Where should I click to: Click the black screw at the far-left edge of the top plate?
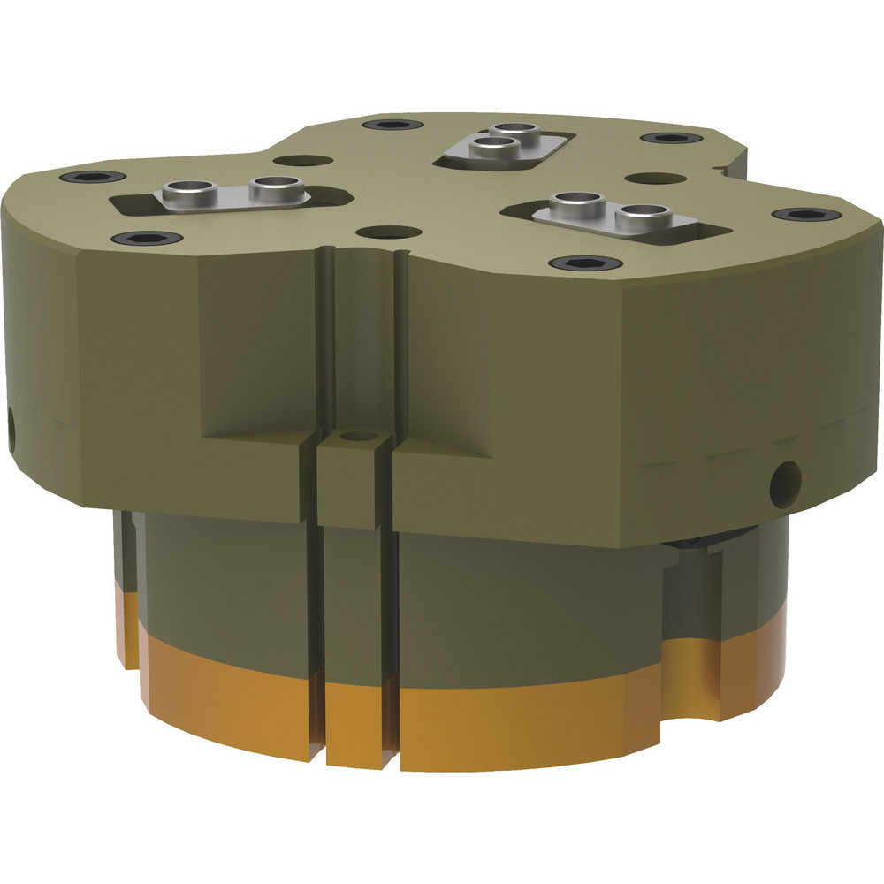[93, 178]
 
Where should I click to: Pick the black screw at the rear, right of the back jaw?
[670, 139]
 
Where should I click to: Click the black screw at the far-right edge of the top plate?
[805, 215]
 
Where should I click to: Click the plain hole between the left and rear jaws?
[303, 162]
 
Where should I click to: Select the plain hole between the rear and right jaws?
[656, 179]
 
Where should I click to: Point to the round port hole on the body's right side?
[784, 479]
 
